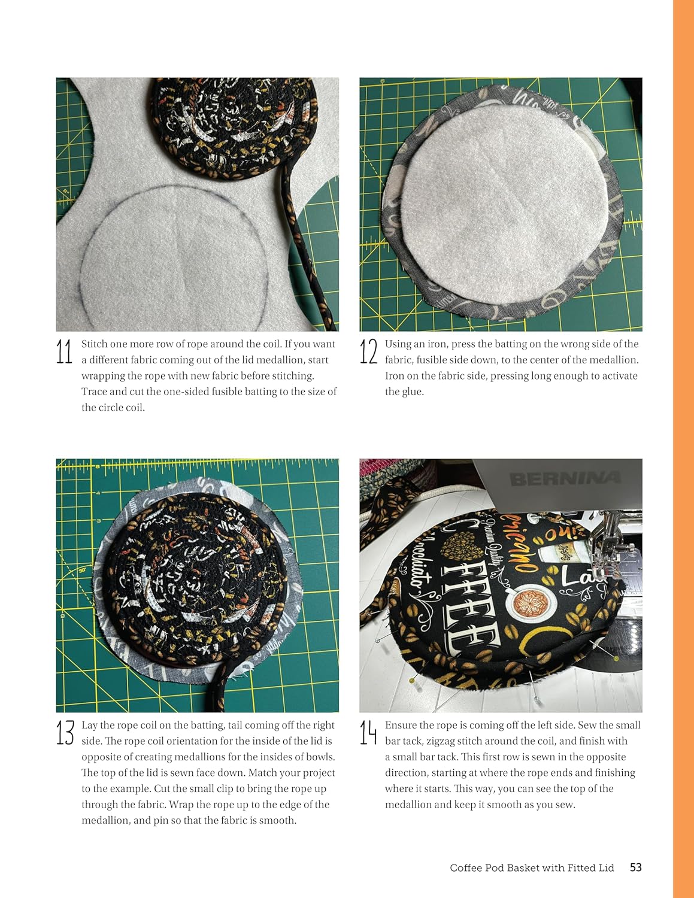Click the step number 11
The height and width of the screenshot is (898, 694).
click(64, 351)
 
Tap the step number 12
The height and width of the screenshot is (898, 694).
click(368, 351)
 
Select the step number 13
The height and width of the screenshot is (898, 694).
click(65, 733)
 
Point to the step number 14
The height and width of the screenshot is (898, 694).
click(368, 733)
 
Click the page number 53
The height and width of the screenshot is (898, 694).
click(635, 867)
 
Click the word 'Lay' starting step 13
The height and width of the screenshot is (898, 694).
click(89, 726)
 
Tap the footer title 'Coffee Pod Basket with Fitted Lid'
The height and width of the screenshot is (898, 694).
click(532, 868)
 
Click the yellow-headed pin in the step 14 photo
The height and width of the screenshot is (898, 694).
click(413, 681)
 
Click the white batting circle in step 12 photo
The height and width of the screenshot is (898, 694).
click(497, 198)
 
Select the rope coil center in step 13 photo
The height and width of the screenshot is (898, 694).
click(190, 578)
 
